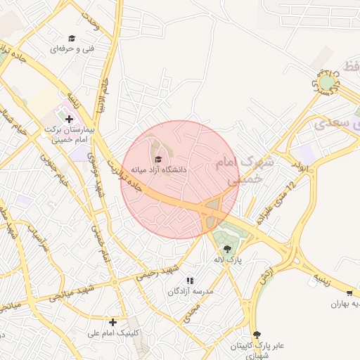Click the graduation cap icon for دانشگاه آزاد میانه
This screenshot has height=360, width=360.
(157, 159)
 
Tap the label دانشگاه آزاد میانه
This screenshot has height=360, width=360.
(158, 170)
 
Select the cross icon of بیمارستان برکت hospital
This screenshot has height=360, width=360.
(69, 120)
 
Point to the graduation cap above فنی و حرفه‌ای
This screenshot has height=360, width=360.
(71, 38)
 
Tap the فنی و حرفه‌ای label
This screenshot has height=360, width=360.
(72, 49)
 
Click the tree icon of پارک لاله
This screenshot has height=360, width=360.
(226, 248)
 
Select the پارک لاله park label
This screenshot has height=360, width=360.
(229, 260)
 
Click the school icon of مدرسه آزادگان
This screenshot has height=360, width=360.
(190, 281)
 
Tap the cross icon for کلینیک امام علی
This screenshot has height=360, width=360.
(112, 322)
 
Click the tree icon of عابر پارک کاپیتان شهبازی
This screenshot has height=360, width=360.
(256, 334)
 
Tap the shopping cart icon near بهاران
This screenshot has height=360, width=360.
(349, 292)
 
